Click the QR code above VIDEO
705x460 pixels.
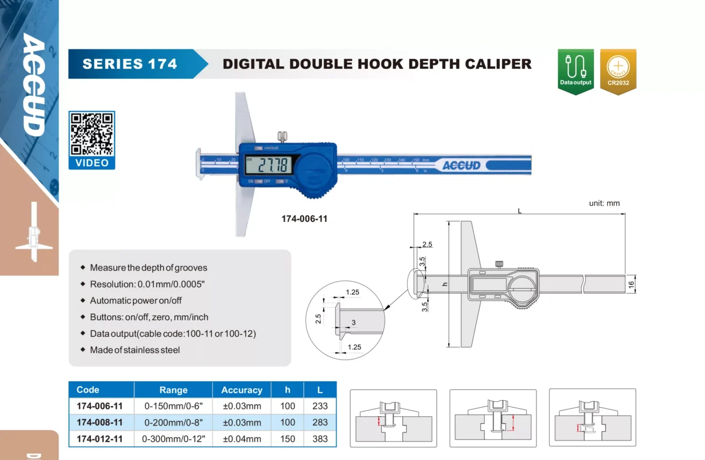91,135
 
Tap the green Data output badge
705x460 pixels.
576,71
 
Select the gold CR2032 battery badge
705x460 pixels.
618,71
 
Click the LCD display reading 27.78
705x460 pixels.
269,165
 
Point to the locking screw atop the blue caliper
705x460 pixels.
282,137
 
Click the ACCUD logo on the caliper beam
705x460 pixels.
461,166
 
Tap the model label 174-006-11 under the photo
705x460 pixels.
304,218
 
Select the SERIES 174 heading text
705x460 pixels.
129,64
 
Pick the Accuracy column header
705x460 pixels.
242,390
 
